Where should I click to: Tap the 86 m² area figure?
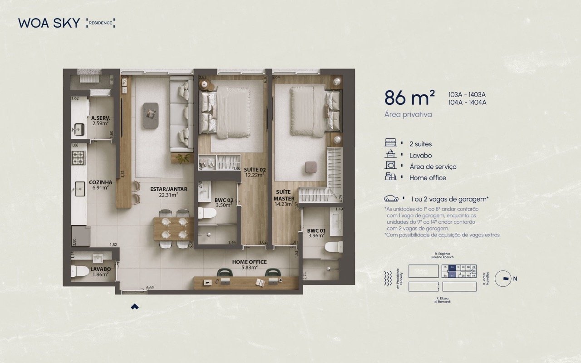tap(409, 98)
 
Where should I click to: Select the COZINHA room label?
tap(100, 182)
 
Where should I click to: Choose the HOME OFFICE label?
tap(249, 262)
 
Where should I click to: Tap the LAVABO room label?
tap(100, 269)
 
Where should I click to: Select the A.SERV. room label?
tap(100, 118)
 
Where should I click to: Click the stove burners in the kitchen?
tap(79, 157)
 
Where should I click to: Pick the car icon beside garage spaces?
tap(391, 199)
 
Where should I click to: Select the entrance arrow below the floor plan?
tap(134, 307)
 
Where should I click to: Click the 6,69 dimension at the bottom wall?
tap(150, 288)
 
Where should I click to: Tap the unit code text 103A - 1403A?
tap(467, 95)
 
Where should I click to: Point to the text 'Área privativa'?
tap(408, 114)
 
